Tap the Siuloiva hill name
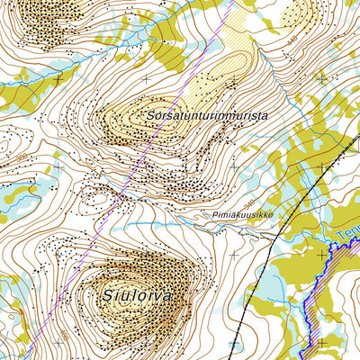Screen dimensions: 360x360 (x=136, y=294)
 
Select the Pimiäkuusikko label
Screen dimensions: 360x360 (x=243, y=216)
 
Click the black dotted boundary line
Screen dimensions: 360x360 (x=297, y=198)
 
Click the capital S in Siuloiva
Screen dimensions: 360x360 (x=106, y=294)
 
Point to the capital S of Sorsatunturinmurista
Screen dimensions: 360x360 (x=147, y=117)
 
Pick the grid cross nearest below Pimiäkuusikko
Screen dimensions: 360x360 (x=233, y=255)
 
